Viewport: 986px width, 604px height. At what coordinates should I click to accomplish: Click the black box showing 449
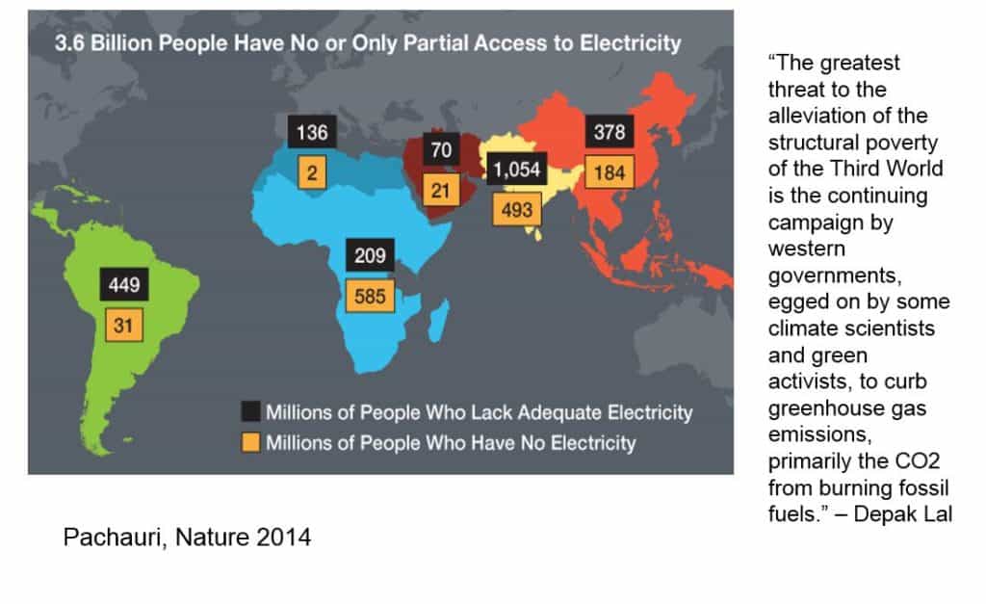124,284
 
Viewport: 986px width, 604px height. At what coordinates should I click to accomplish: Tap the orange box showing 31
124,327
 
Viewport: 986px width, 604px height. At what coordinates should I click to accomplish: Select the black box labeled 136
311,132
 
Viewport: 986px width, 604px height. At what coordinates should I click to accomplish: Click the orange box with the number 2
311,173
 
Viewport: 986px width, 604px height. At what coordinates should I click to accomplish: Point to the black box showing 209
370,255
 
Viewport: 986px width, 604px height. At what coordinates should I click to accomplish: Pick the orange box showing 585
370,296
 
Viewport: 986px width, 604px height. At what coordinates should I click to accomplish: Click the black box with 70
441,150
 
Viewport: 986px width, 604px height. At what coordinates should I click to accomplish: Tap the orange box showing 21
441,191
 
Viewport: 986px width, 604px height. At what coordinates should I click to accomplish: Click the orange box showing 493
517,209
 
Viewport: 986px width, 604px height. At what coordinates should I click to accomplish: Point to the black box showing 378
610,132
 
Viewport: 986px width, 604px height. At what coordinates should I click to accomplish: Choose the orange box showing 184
610,174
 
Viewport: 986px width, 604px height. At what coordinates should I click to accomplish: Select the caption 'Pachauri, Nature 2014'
187,537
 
